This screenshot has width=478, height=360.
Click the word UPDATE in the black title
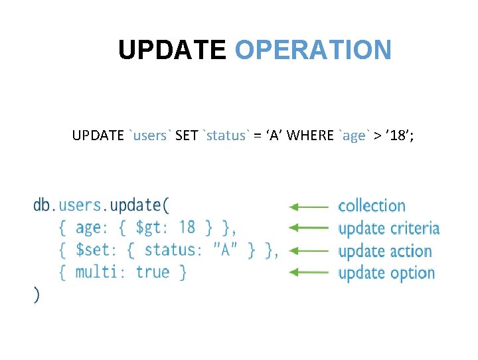pos(172,50)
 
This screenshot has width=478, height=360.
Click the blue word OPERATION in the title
pos(313,50)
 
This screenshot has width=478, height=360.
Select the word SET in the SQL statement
pos(187,135)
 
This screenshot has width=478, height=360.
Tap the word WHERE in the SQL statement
pos(311,135)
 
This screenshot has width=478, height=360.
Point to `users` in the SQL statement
pos(151,135)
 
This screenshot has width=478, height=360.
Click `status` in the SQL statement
pos(227,135)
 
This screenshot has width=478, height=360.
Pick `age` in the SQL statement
pos(353,135)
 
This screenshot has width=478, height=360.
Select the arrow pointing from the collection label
pos(309,207)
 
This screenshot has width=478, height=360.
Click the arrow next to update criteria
pos(309,228)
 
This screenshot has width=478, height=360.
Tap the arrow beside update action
pos(309,250)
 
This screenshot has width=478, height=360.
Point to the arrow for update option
pos(309,272)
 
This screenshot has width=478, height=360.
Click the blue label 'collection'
pos(372,206)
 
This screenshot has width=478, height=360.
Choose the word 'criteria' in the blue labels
pos(414,228)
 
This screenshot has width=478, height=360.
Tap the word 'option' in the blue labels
pos(412,273)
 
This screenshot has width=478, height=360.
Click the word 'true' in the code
pos(153,272)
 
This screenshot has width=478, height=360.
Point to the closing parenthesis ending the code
pos(37,295)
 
